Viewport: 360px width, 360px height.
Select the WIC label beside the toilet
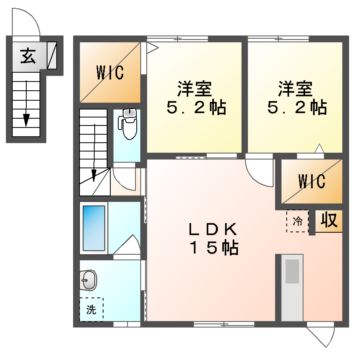click(110, 71)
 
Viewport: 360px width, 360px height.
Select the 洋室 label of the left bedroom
click(196, 86)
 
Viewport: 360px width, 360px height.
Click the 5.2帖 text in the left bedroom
click(196, 107)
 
